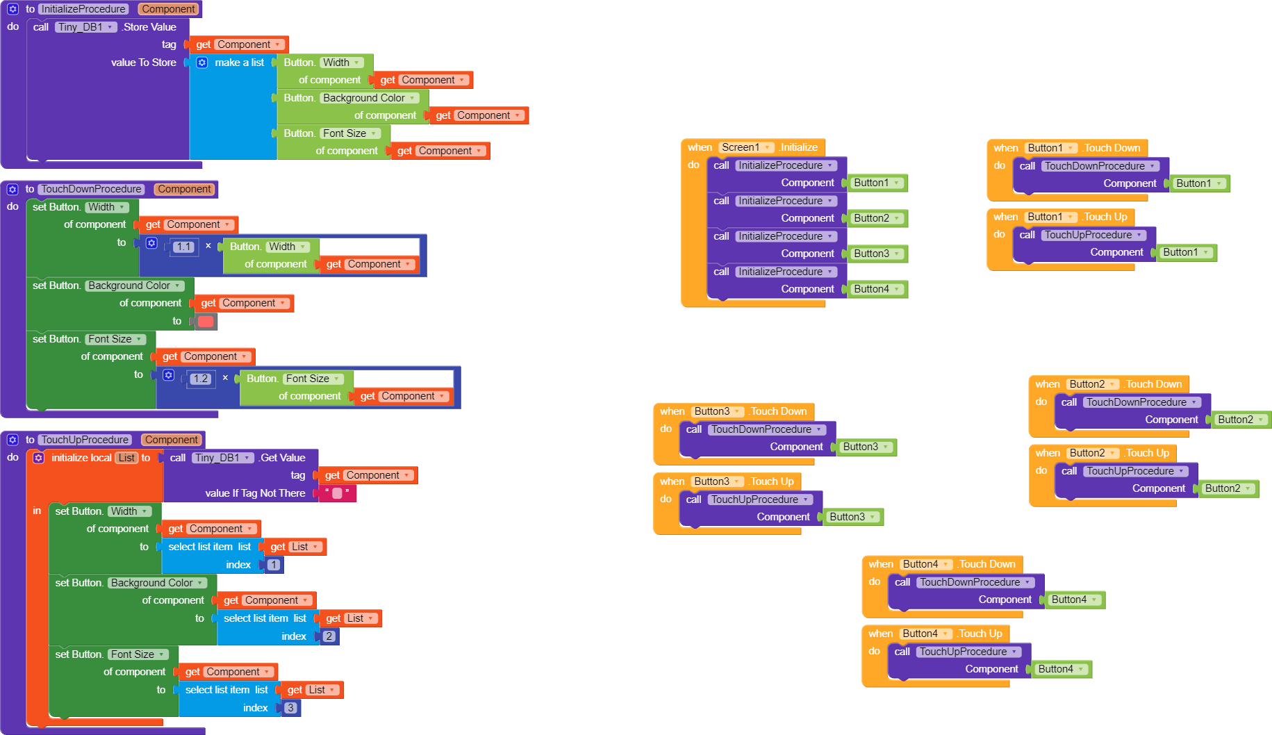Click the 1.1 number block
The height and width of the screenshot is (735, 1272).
point(183,247)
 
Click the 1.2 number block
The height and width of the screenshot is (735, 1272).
point(200,379)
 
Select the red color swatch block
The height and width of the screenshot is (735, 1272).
point(206,321)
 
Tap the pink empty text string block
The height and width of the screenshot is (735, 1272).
point(337,493)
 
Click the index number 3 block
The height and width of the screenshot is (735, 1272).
point(290,708)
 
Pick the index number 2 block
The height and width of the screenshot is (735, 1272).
point(329,636)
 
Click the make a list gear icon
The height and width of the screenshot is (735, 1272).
point(201,63)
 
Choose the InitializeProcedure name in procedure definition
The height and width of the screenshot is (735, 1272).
point(83,9)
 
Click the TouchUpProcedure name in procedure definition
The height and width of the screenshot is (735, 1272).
point(85,440)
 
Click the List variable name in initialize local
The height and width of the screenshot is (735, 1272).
point(126,458)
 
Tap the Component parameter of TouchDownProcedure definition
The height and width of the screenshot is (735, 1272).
point(184,189)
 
